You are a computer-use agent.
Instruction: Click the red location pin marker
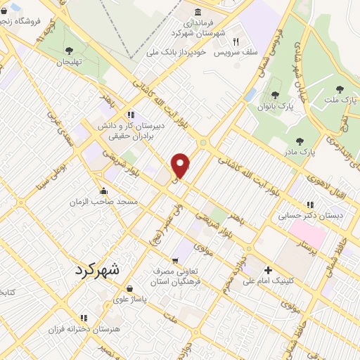181,165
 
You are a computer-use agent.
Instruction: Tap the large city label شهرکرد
97,269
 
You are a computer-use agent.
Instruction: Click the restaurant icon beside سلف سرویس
236,41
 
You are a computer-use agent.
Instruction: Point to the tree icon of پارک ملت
340,89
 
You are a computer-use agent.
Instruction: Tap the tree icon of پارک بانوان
275,96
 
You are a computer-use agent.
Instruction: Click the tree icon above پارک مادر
300,141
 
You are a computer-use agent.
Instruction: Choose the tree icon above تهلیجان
69,50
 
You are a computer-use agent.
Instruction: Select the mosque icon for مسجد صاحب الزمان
104,191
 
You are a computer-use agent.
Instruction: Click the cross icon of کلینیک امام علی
268,270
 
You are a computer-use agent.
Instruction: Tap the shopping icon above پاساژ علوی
129,288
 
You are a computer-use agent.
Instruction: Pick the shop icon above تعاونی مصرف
175,261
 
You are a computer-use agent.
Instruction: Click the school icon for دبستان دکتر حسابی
311,205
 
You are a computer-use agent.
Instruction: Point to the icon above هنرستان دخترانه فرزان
84,318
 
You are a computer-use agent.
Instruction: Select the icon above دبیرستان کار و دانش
130,115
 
